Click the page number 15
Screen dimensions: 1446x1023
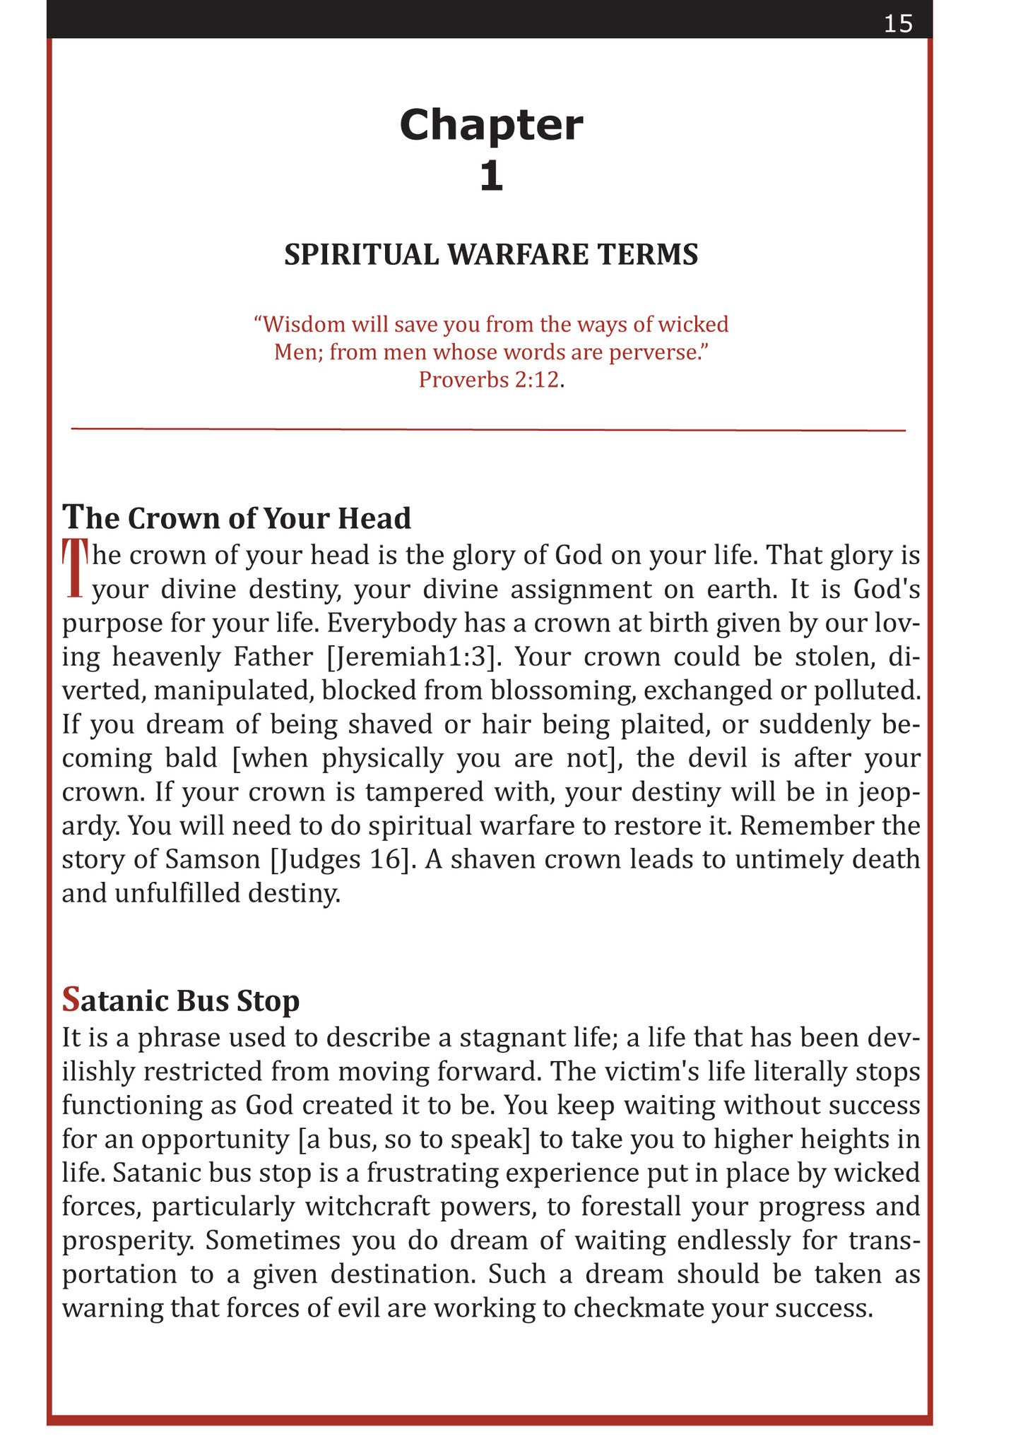pyautogui.click(x=898, y=24)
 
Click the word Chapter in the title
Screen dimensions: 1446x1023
pyautogui.click(x=491, y=125)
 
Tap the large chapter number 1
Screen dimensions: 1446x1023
pyautogui.click(x=491, y=176)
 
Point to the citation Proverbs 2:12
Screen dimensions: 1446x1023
pyautogui.click(x=489, y=380)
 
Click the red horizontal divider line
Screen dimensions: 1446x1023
pyautogui.click(x=488, y=429)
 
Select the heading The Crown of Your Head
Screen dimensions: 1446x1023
pyautogui.click(x=237, y=518)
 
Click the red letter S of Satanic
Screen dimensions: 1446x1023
pyautogui.click(x=71, y=1000)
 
